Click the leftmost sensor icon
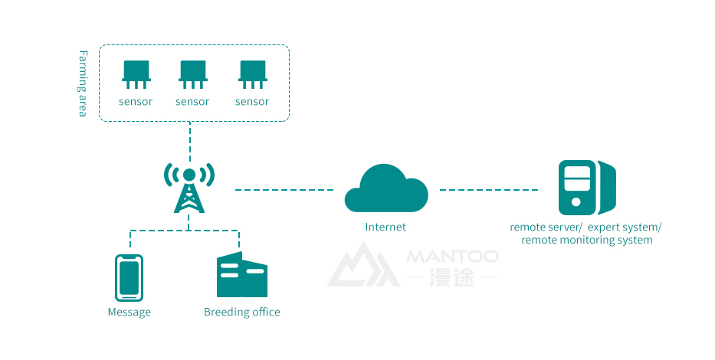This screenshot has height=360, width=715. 136,74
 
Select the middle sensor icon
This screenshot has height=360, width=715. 192,74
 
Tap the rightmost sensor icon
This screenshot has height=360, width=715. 252,74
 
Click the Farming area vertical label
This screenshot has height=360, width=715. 84,83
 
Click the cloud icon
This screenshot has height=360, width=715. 385,188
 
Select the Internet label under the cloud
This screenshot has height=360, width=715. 385,227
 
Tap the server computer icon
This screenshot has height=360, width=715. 586,187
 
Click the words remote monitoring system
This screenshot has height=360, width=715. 587,241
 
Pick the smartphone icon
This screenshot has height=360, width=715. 129,277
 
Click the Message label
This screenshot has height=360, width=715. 130,313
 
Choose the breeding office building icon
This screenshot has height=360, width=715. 241,276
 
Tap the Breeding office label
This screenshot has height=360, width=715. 242,313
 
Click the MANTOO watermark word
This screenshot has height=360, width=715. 453,256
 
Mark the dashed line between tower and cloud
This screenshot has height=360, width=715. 284,189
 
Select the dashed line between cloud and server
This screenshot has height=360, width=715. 489,189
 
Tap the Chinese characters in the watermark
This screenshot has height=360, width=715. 453,277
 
